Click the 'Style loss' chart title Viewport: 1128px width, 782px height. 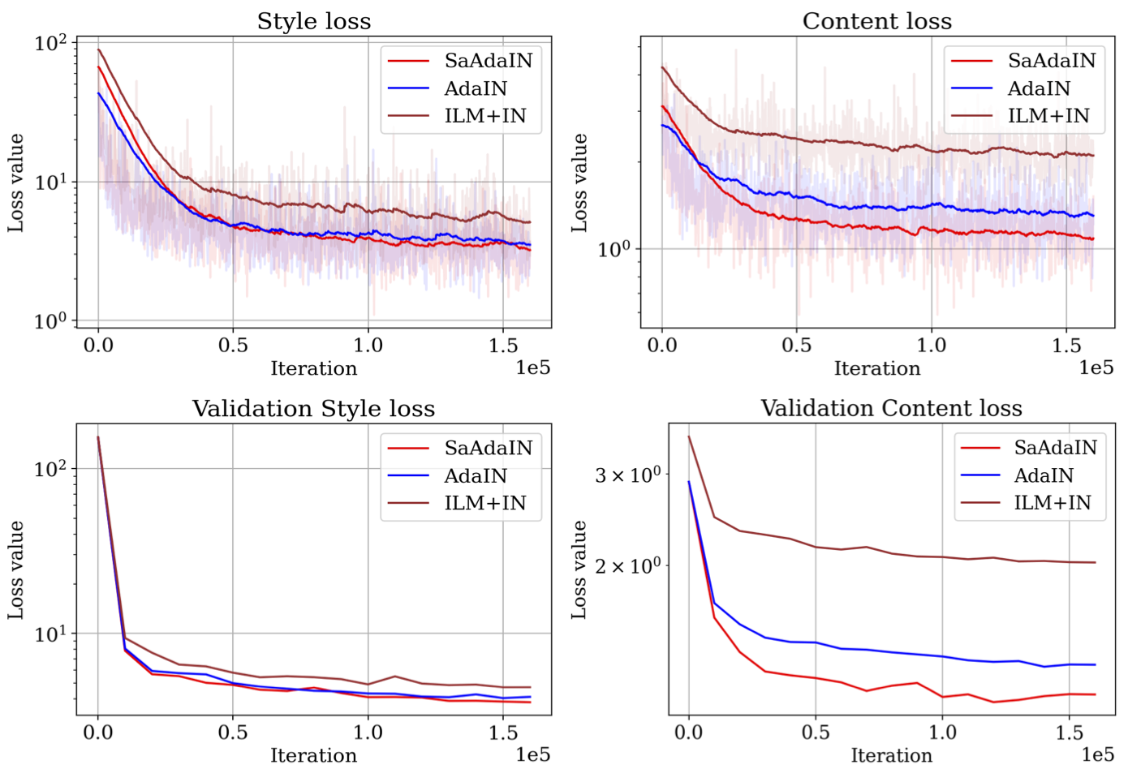(314, 21)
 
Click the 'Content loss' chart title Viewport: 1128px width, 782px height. (877, 21)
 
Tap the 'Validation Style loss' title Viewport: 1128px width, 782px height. (313, 408)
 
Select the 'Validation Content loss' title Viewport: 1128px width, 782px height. (891, 408)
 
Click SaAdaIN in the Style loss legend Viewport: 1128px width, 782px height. (488, 61)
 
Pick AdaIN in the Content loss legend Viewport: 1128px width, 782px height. (1039, 88)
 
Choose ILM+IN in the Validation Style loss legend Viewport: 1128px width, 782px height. (484, 503)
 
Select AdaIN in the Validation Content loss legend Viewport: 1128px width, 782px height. (1044, 475)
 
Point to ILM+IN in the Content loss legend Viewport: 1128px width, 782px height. (1048, 116)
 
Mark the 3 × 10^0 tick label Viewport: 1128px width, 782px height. (628, 475)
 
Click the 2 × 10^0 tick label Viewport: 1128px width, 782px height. (628, 565)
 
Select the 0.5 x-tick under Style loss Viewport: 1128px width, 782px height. (233, 346)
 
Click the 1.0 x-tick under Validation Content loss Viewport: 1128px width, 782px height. (942, 733)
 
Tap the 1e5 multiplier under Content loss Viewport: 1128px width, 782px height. (1096, 368)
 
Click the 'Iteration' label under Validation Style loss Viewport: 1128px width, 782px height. (313, 756)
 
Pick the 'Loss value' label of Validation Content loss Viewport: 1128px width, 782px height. (579, 570)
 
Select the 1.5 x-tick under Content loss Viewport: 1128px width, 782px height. (1066, 346)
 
